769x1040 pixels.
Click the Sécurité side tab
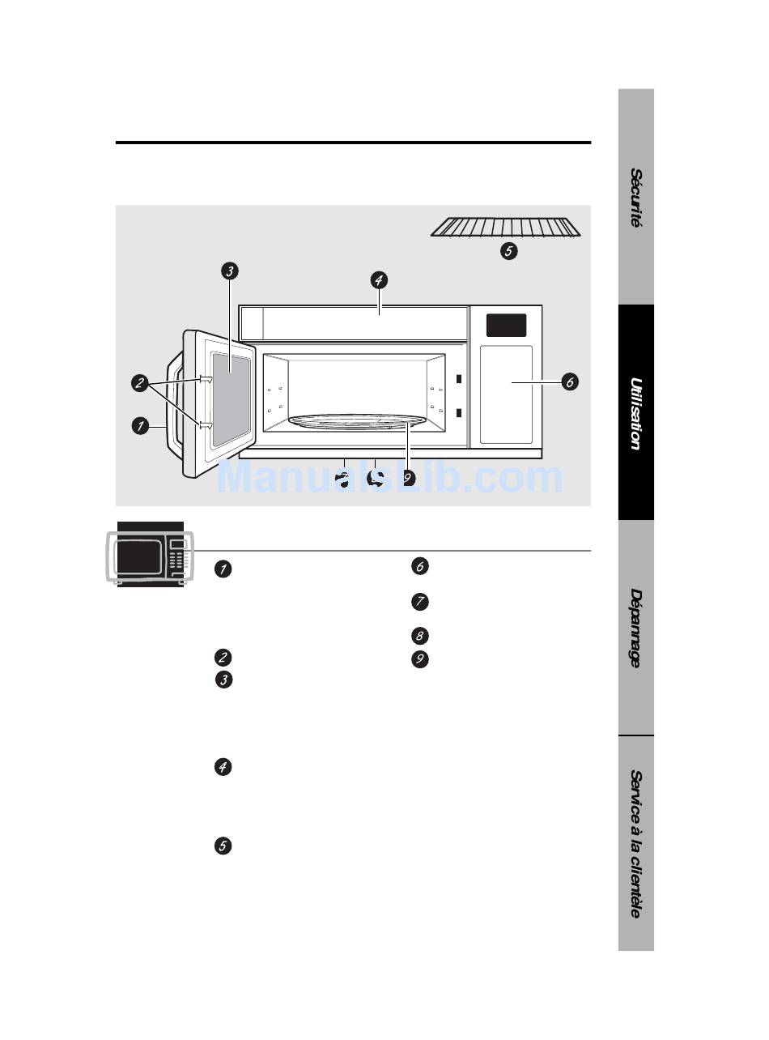pyautogui.click(x=636, y=197)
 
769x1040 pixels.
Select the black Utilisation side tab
pyautogui.click(x=636, y=412)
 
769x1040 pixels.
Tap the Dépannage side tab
pyautogui.click(x=636, y=628)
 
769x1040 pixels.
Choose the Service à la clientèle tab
pyautogui.click(x=636, y=843)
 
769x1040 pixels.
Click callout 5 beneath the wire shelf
pyautogui.click(x=508, y=251)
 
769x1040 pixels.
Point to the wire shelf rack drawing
pyautogui.click(x=505, y=228)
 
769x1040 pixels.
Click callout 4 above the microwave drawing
pyautogui.click(x=379, y=280)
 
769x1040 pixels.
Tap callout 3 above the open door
pyautogui.click(x=230, y=271)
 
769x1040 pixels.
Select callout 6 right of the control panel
pyautogui.click(x=570, y=382)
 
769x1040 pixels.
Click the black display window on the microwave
pyautogui.click(x=506, y=326)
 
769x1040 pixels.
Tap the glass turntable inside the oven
pyautogui.click(x=357, y=422)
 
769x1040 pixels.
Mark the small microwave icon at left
pyautogui.click(x=151, y=556)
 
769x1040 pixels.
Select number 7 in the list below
pyautogui.click(x=419, y=601)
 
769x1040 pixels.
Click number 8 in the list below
pyautogui.click(x=419, y=636)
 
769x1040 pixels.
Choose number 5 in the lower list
pyautogui.click(x=223, y=846)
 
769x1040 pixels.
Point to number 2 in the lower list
pyautogui.click(x=223, y=658)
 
